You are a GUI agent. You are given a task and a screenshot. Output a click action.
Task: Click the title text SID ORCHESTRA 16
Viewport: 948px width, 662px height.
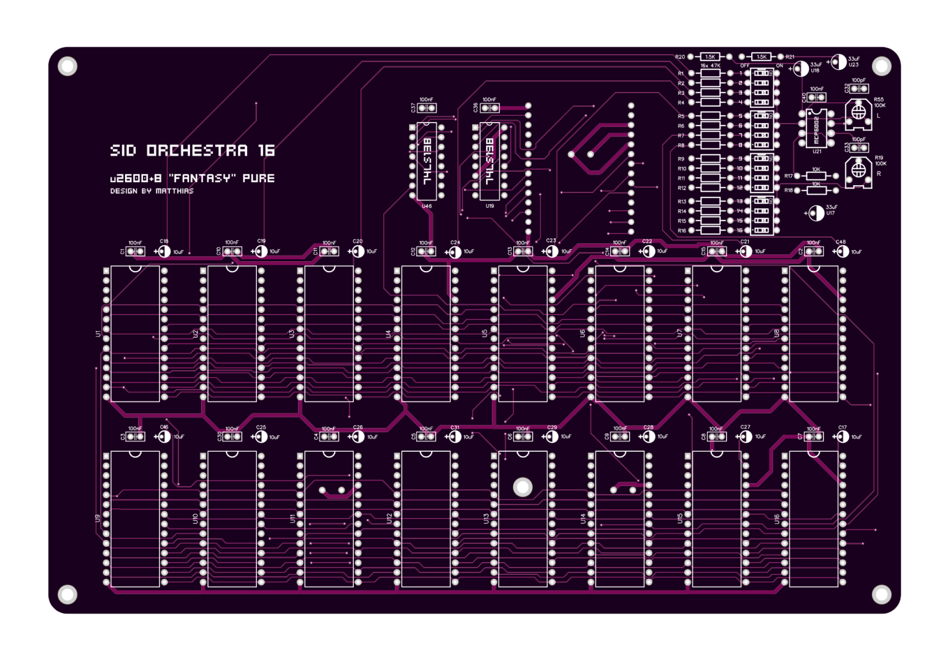coord(192,150)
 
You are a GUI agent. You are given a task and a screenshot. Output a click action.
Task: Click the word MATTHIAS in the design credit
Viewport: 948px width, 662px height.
coord(175,191)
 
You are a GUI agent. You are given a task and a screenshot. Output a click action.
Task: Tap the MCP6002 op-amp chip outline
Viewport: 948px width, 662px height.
coord(816,127)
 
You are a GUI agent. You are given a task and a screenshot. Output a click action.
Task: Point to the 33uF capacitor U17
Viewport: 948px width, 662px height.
coord(816,213)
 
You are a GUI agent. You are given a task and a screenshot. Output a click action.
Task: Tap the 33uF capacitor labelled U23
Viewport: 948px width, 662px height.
coord(838,61)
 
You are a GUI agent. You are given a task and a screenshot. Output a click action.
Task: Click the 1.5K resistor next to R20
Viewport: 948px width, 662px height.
coord(710,56)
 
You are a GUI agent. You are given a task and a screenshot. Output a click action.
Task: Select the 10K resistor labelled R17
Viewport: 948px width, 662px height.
coord(816,176)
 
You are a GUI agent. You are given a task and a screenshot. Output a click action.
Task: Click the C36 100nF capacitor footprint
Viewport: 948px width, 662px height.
coord(489,108)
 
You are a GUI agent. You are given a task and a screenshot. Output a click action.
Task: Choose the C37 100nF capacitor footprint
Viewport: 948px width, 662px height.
coord(427,108)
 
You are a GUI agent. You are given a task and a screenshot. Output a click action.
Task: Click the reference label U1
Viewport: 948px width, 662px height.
coord(98,333)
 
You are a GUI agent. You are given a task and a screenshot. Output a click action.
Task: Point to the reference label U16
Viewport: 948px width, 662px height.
coord(777,519)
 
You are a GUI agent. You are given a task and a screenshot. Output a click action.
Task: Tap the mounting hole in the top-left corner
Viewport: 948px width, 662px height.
coord(67,66)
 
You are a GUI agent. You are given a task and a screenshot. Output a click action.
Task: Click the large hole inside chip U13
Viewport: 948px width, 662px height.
coord(522,487)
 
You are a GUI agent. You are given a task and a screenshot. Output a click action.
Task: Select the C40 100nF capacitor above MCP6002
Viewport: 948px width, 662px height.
coord(816,97)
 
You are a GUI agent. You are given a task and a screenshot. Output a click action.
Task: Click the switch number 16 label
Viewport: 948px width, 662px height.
coord(740,230)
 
